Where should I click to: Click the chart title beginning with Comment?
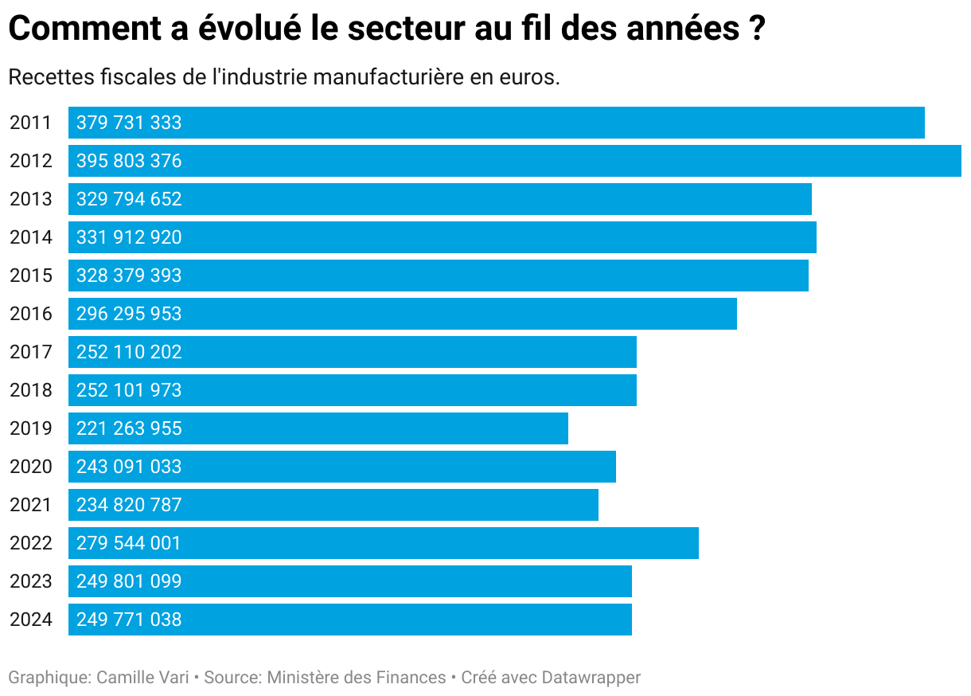(x=387, y=29)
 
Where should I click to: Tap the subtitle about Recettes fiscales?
(x=284, y=78)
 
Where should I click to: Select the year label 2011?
(x=31, y=123)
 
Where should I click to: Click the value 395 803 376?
(x=129, y=161)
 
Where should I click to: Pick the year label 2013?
(x=31, y=199)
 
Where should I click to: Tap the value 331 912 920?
(x=129, y=237)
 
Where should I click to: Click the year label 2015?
(x=31, y=276)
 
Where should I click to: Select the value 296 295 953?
(x=129, y=314)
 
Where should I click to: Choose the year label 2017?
(x=31, y=352)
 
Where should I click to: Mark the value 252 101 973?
(x=129, y=390)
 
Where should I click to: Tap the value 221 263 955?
(x=129, y=428)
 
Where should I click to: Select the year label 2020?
(x=31, y=467)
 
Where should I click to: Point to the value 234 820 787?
(x=129, y=505)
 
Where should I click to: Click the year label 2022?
(x=31, y=543)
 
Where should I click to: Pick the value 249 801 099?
(x=129, y=581)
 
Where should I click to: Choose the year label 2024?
(x=31, y=620)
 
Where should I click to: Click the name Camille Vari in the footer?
(x=142, y=678)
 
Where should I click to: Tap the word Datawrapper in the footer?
(x=591, y=678)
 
